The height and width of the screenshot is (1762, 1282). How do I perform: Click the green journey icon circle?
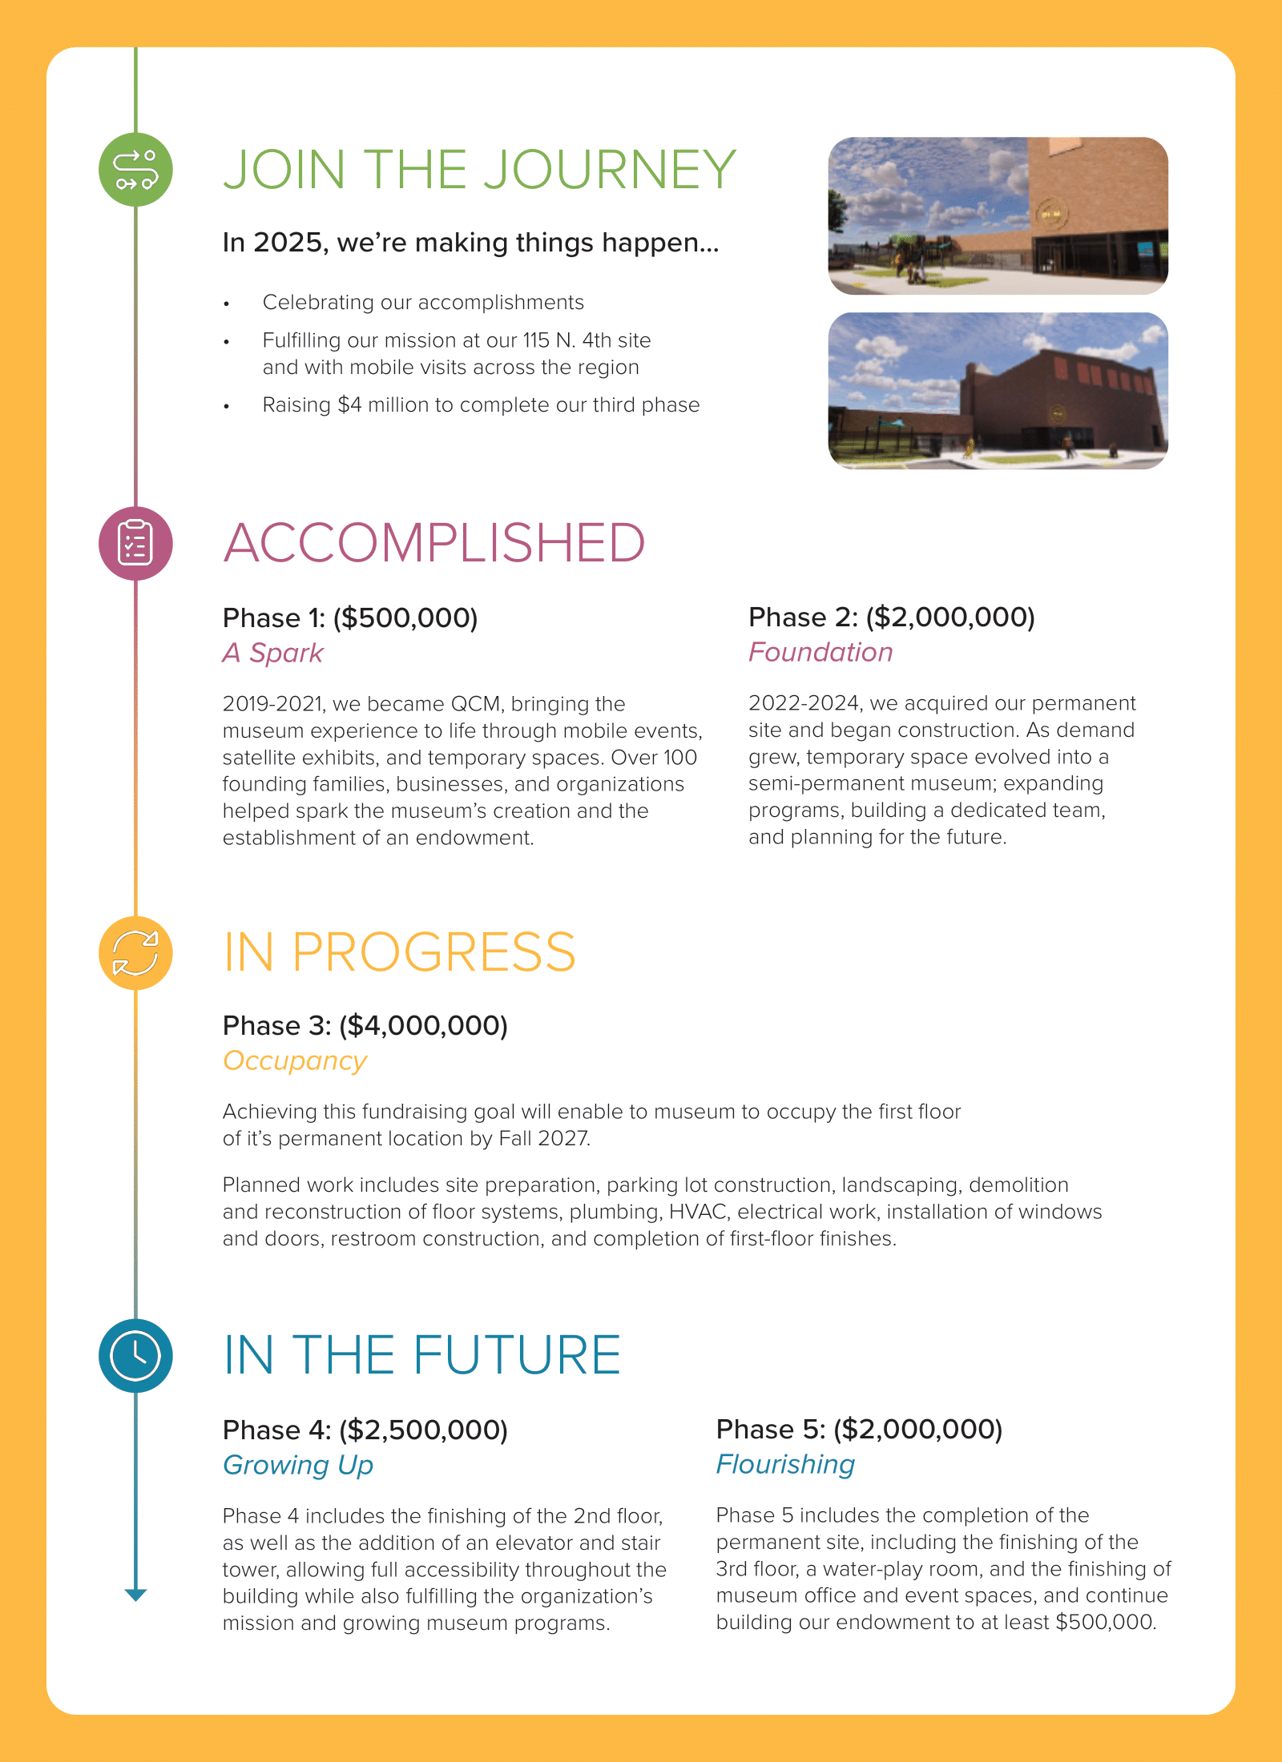(x=135, y=170)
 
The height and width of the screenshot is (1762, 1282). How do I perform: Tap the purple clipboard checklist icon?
(x=135, y=543)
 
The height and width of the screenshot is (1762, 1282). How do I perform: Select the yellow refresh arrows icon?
(x=135, y=953)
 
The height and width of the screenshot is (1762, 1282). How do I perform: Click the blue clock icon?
(x=135, y=1355)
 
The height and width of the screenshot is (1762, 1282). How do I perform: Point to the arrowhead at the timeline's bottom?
(x=136, y=1595)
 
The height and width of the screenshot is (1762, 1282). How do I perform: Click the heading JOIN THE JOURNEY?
(x=479, y=170)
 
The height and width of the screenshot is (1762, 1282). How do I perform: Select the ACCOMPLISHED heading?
(x=433, y=543)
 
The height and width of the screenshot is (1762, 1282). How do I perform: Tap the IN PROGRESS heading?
(x=399, y=952)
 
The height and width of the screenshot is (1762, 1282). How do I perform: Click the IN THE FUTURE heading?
(x=421, y=1355)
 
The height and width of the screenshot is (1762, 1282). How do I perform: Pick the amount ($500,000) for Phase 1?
(x=405, y=618)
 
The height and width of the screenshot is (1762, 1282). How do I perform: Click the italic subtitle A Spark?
(x=272, y=653)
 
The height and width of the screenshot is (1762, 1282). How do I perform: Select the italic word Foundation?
(x=820, y=652)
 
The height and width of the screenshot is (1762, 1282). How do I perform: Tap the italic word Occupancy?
(x=295, y=1060)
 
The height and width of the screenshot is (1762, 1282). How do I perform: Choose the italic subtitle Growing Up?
(x=298, y=1465)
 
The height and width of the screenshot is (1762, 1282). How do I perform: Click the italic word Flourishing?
(x=785, y=1464)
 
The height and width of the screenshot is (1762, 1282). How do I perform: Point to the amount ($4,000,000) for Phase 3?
(x=423, y=1025)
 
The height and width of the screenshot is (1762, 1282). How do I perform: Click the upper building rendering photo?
(x=998, y=215)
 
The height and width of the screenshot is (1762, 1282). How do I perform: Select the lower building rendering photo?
(x=998, y=391)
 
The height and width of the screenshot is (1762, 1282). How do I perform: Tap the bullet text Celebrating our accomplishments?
(x=423, y=302)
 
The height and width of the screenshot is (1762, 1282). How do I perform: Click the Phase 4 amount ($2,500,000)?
(x=423, y=1430)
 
